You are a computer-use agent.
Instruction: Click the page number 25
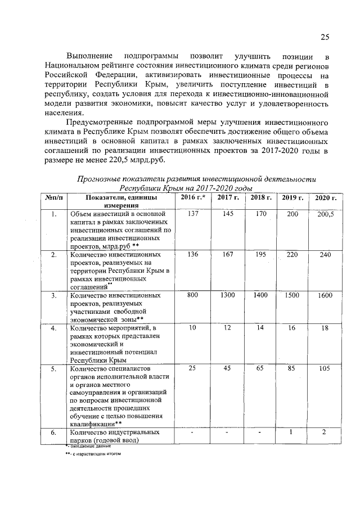tap(325, 38)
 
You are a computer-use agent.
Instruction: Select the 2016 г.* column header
tap(192, 197)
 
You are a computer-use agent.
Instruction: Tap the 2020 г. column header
tap(325, 198)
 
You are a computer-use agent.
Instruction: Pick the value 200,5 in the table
tap(325, 215)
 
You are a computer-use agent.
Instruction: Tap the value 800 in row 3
tap(193, 295)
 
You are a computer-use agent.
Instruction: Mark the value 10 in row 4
tap(193, 327)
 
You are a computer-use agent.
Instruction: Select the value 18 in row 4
tap(325, 328)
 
